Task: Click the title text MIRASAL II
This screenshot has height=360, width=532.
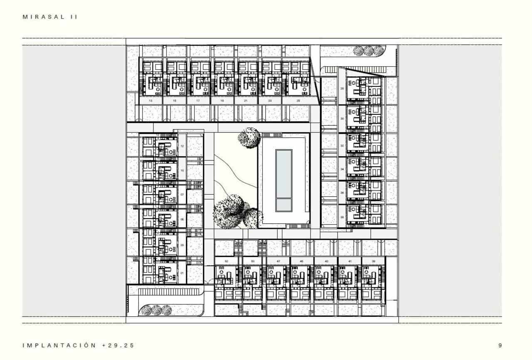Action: coord(50,17)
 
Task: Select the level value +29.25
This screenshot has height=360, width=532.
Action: coord(118,345)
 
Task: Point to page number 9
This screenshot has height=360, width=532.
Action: coord(500,345)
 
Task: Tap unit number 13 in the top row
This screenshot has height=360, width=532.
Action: coord(150,101)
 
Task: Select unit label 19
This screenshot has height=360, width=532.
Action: coord(222,101)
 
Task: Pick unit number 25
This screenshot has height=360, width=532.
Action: coord(298,101)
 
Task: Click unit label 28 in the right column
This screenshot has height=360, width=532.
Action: coord(342,89)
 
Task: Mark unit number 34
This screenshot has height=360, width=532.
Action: coord(342,170)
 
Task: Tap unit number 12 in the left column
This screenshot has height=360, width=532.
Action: coord(182,146)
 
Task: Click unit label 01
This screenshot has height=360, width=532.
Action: coord(182,273)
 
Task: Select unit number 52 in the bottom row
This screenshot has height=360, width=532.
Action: coord(226,261)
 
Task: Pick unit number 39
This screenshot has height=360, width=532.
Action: coord(374,261)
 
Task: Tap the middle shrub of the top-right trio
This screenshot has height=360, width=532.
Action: coord(368,51)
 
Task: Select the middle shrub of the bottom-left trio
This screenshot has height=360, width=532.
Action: coord(156,310)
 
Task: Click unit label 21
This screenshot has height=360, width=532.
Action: coord(246,101)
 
